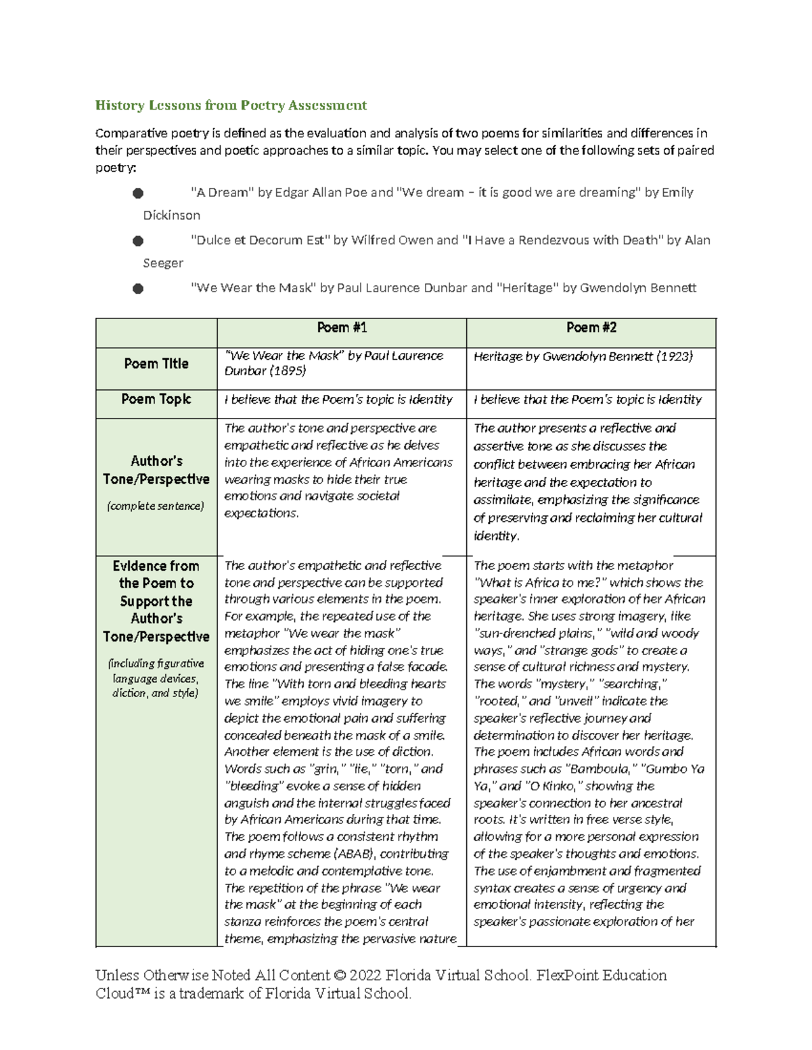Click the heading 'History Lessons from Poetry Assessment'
(x=231, y=105)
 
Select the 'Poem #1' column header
(x=342, y=328)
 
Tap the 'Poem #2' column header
(x=591, y=328)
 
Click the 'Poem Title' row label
(x=156, y=364)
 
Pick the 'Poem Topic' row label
(x=156, y=400)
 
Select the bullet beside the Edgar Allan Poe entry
(x=138, y=193)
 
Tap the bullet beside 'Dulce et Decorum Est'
(x=138, y=241)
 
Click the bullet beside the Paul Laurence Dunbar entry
(x=138, y=289)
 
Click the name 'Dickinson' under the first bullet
(x=171, y=216)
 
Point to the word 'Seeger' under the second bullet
(x=163, y=263)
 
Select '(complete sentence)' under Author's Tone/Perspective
(x=156, y=506)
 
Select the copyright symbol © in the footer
(x=340, y=976)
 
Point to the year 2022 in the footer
(x=366, y=976)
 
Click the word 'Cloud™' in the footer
(x=120, y=994)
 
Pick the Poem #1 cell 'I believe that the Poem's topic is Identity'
(x=338, y=400)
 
